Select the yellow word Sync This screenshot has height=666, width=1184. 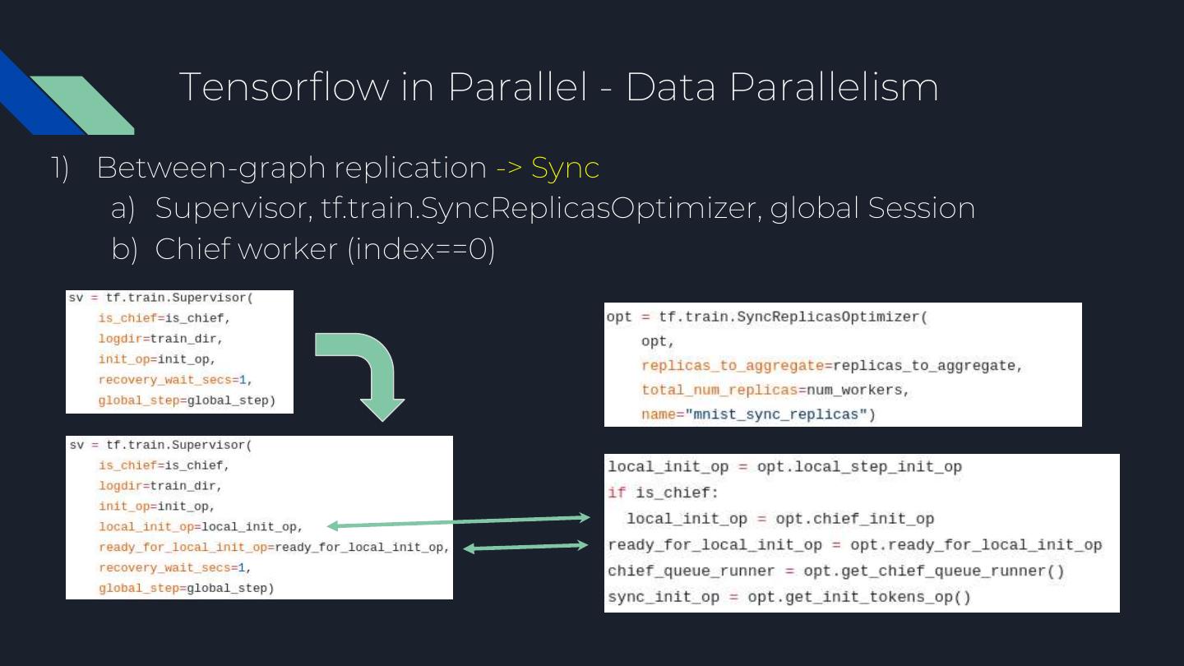point(565,168)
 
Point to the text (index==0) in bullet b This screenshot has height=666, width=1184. point(421,248)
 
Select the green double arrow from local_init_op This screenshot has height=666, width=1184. point(458,521)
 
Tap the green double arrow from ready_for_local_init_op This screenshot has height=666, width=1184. point(525,546)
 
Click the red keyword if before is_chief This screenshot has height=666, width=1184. point(615,493)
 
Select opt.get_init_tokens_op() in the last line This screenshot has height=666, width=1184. point(858,597)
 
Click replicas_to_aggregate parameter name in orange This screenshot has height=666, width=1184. point(733,366)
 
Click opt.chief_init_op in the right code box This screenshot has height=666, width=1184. point(854,519)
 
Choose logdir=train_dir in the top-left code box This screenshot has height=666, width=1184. point(160,338)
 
